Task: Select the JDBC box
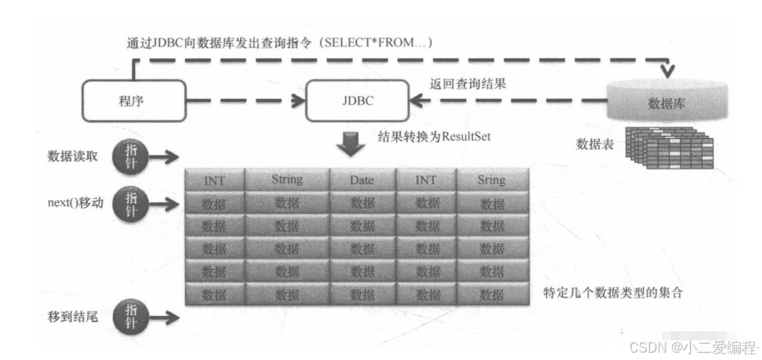pyautogui.click(x=358, y=103)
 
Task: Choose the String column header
pyautogui.click(x=286, y=179)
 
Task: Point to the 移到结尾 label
pyautogui.click(x=74, y=314)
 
